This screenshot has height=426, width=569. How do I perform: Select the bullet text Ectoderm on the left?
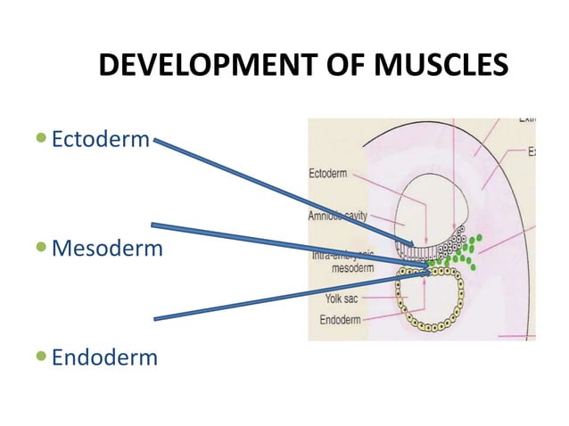[x=101, y=140]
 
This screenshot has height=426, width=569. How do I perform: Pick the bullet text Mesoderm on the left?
[x=107, y=248]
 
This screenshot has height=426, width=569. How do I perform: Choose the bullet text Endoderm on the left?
[x=104, y=357]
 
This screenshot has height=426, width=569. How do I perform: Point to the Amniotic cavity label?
[x=338, y=217]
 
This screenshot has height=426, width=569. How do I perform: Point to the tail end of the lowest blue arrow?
[x=156, y=317]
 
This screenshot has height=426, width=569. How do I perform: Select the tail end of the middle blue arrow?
[x=153, y=225]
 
